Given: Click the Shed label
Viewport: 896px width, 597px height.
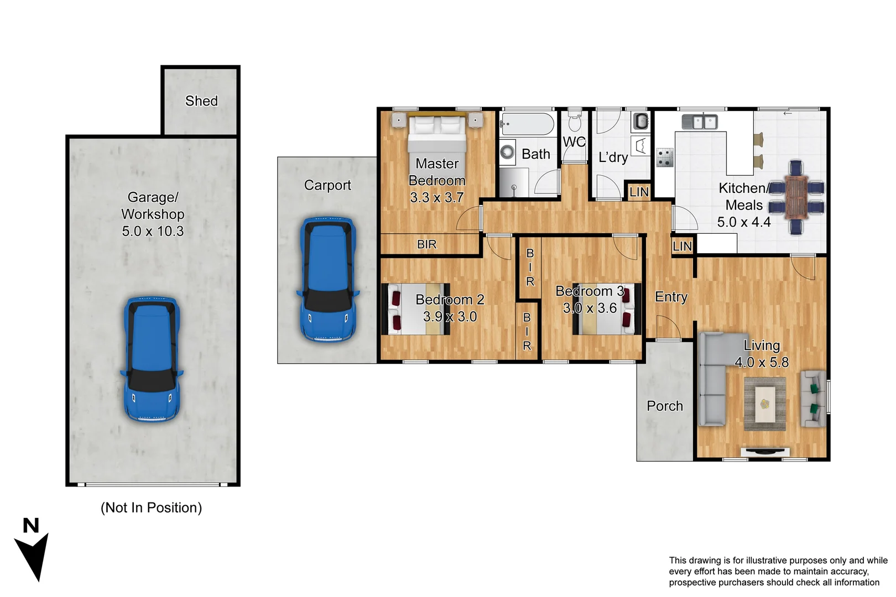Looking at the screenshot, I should click(201, 101).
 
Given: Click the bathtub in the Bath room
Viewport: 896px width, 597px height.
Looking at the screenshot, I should click(527, 124).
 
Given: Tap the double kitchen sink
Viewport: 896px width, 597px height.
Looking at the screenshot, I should click(700, 122).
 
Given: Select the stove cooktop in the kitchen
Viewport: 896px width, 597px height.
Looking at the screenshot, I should click(664, 157).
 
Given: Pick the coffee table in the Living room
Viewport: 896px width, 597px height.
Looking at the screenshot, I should click(765, 404).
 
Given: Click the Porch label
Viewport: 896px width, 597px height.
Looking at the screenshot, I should click(665, 406).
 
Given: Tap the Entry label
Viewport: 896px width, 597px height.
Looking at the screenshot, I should click(671, 297).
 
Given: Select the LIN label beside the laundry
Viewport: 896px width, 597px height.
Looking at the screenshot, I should click(639, 192).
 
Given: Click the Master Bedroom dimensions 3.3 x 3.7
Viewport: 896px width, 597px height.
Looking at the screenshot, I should click(437, 197).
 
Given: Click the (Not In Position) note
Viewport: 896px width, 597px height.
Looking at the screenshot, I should click(151, 507).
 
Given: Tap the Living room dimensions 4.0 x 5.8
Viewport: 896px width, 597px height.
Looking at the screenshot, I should click(762, 363).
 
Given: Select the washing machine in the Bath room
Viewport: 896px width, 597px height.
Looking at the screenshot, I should click(507, 152).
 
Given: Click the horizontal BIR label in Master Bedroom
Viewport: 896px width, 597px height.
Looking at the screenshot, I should click(426, 244).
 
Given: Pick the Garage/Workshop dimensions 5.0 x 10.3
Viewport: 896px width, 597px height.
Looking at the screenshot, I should click(153, 231).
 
